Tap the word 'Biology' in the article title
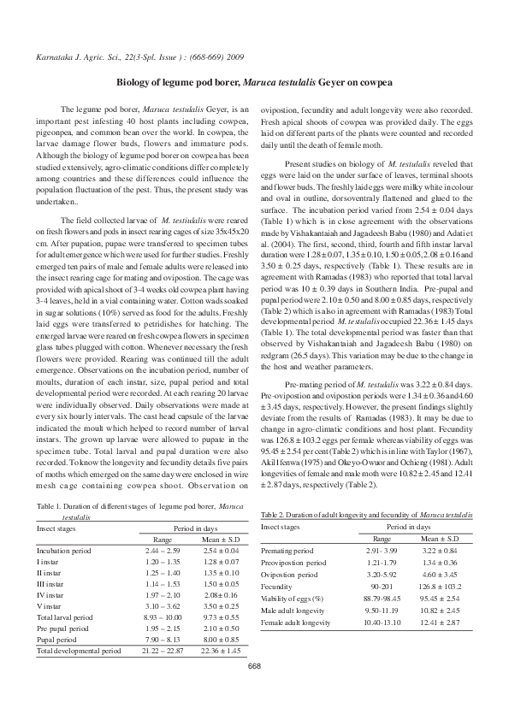tap(130, 83)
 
